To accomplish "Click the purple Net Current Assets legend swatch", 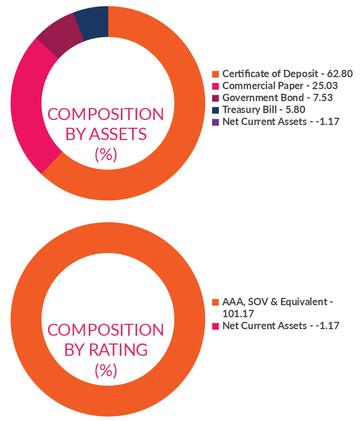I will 216,122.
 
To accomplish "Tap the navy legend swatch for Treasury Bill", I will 216,110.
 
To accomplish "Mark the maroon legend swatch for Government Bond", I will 216,98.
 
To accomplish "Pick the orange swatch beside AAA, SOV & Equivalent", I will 216,302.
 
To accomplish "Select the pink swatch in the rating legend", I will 216,326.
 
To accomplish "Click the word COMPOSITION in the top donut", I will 105,114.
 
